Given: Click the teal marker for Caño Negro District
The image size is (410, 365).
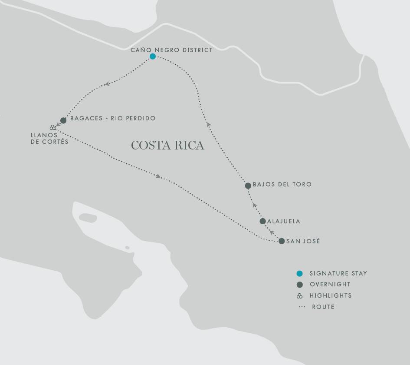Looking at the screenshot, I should point(153,56).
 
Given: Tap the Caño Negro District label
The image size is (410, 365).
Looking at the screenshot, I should point(171,50).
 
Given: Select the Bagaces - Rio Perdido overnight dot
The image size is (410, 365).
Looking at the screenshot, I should point(63,120).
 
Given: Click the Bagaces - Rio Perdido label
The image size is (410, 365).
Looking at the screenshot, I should point(113,118).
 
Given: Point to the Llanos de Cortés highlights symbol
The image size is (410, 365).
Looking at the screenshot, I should point(53,127).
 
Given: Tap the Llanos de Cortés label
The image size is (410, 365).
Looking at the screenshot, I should point(49,138).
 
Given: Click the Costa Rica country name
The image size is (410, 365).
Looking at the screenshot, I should point(167,145).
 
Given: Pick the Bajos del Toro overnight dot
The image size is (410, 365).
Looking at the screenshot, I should point(248,186).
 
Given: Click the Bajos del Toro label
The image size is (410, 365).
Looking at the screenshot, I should point(282,184).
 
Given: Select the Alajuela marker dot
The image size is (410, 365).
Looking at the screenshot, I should point(262,221).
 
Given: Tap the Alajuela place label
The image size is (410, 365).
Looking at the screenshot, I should point(284,221).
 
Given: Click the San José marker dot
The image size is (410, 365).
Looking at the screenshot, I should point(282,241).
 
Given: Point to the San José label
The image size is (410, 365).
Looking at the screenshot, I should point(303,241).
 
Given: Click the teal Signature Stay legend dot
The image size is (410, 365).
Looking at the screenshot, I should point(299,273).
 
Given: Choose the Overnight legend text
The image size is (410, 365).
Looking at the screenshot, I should point(330,284).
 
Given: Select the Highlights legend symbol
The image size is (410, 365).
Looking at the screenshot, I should point(299,295).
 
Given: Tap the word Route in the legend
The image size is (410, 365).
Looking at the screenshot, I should point(323,307).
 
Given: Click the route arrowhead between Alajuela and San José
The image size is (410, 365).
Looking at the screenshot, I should point(272,232).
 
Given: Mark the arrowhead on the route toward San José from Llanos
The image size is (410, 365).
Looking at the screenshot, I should point(158,176).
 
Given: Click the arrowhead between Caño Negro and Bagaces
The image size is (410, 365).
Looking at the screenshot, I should point(107,84).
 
